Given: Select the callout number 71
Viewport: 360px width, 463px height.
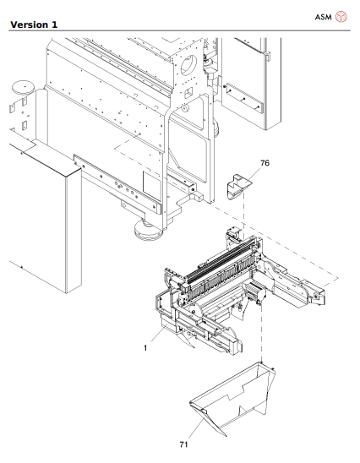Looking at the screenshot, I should coord(183,442).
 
